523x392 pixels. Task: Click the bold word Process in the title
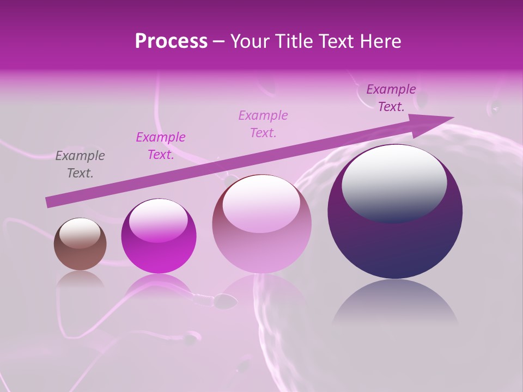pyautogui.click(x=171, y=41)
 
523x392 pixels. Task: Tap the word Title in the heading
pyautogui.click(x=294, y=41)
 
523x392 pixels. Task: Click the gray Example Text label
pyautogui.click(x=80, y=164)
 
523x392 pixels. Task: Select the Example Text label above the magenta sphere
pyautogui.click(x=161, y=146)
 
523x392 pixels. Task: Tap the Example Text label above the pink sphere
pyautogui.click(x=263, y=124)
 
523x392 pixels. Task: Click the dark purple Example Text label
pyautogui.click(x=391, y=98)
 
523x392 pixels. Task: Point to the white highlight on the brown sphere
pyautogui.click(x=80, y=233)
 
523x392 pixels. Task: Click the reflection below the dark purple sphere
pyautogui.click(x=395, y=305)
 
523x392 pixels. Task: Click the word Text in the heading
pyautogui.click(x=338, y=41)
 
